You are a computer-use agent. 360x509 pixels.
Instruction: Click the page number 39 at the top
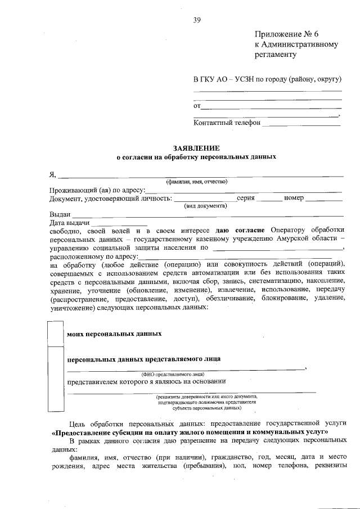point(197,20)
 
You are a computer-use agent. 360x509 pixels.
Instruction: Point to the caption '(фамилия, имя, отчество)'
point(196,182)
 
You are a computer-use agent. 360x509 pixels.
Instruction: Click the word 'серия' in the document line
point(247,198)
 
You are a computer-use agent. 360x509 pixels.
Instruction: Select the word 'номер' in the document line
point(294,198)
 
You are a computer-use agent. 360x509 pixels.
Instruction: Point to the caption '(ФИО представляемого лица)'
point(173,373)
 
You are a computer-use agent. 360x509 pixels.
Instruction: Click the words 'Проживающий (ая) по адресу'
point(97,190)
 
